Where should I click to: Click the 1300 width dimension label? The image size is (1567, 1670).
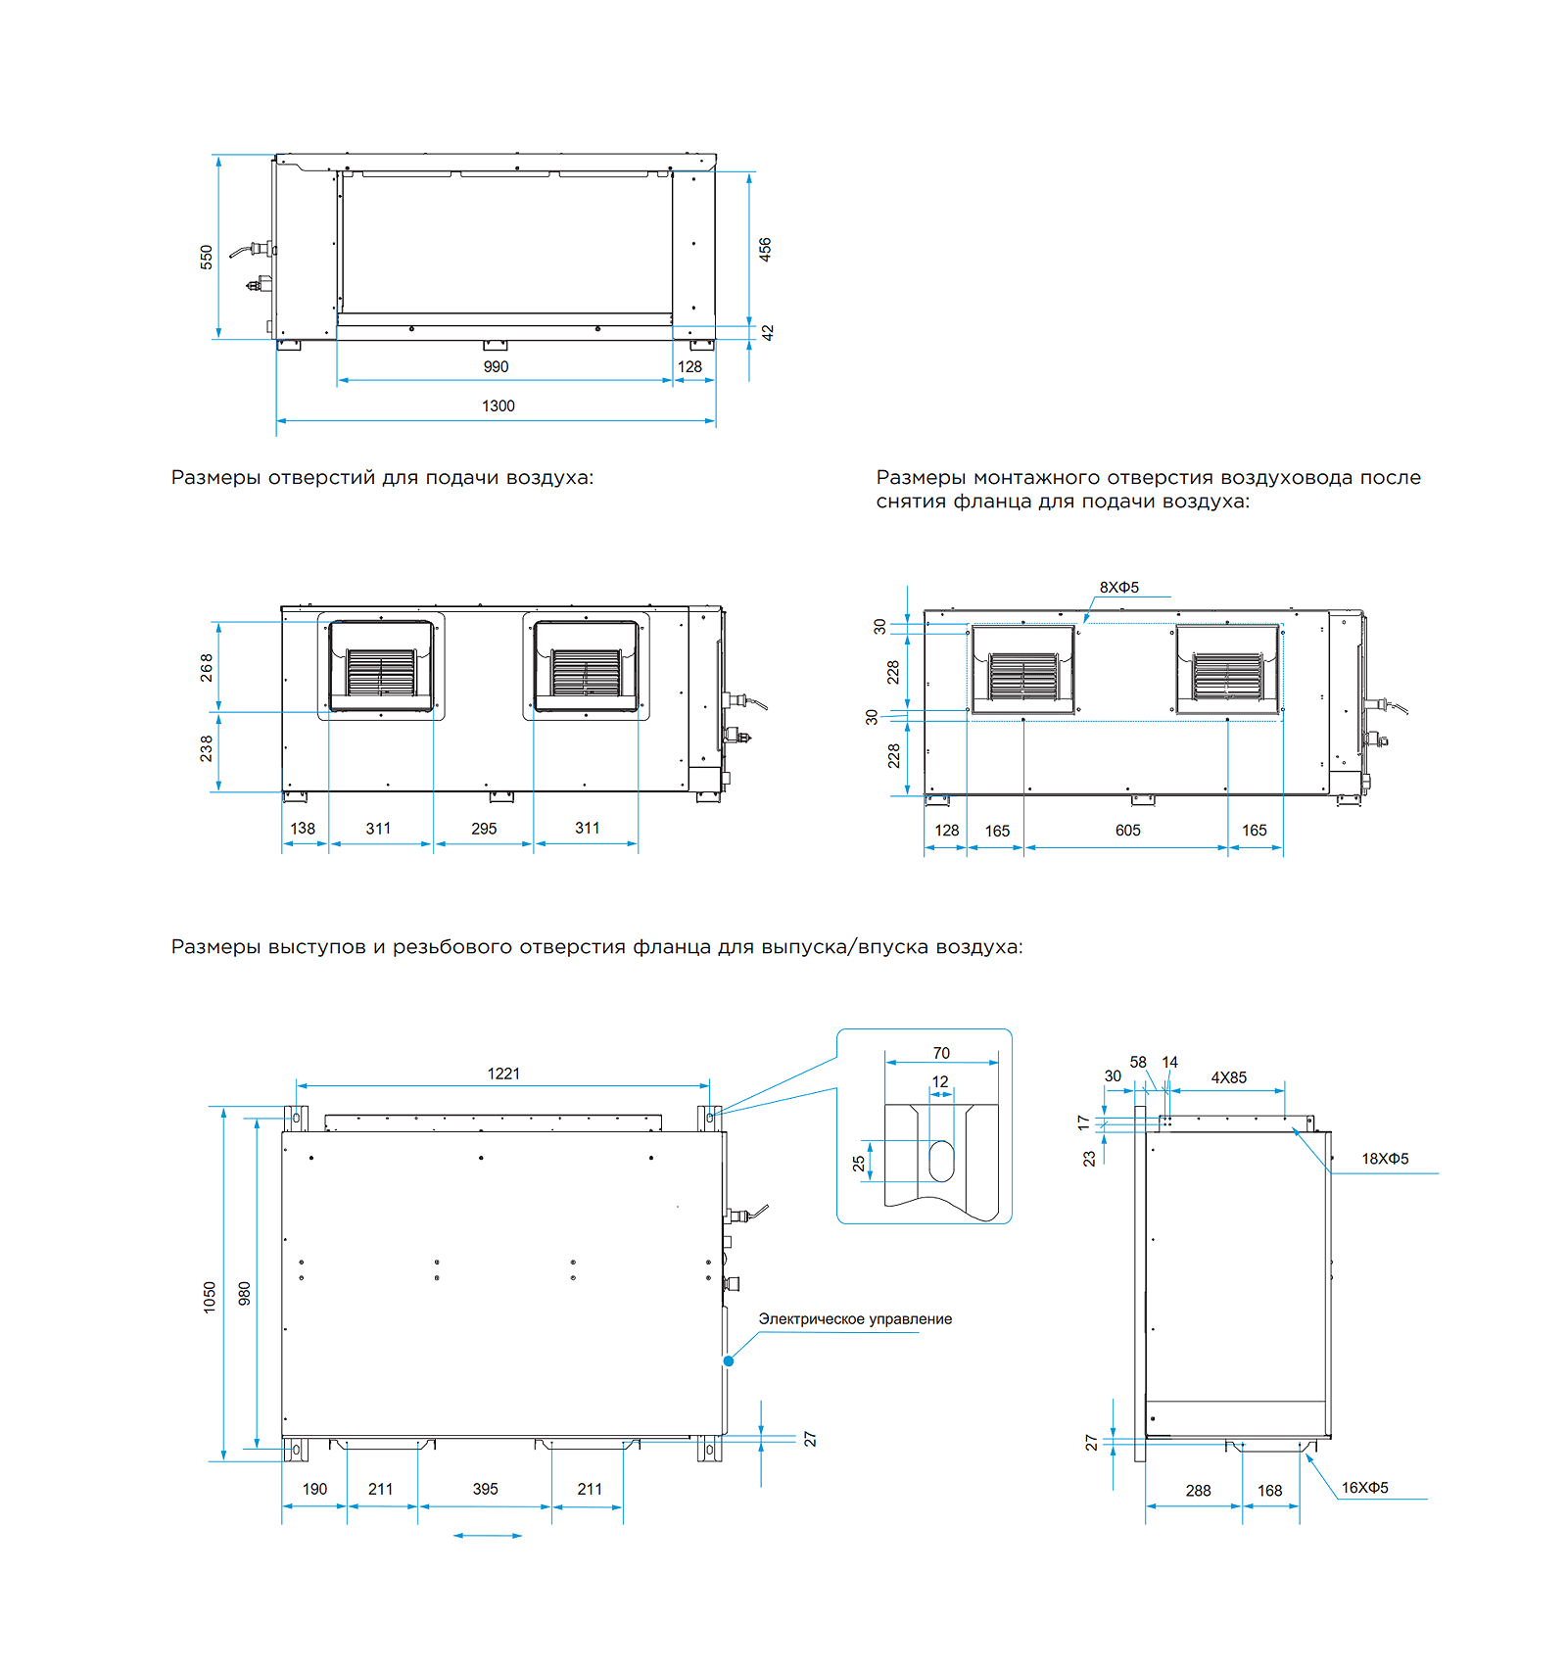tap(498, 406)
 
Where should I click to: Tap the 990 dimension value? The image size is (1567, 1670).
tap(496, 366)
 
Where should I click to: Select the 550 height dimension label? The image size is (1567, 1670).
tap(207, 258)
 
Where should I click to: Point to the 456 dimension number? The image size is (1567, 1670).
tap(765, 249)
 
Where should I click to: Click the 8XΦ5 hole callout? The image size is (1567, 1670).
tap(1118, 588)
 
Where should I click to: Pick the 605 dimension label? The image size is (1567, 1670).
tap(1128, 831)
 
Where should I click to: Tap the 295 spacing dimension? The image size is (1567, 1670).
tap(484, 829)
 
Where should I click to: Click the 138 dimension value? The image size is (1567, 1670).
tap(303, 829)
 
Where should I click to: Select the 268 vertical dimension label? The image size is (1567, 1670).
tap(207, 667)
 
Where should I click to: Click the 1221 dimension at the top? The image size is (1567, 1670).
tap(503, 1074)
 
